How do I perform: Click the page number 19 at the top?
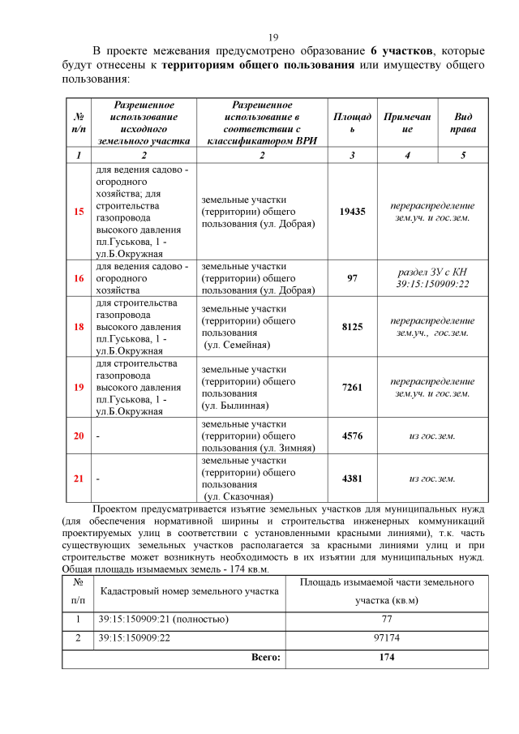coord(273,37)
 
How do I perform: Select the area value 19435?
coord(352,211)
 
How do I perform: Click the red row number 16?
coord(79,278)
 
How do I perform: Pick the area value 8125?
coord(352,326)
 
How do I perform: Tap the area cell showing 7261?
coord(352,387)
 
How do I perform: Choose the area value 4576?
coord(352,436)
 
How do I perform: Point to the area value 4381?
coord(352,479)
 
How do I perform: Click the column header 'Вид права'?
coord(463,122)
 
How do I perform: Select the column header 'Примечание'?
coord(407,122)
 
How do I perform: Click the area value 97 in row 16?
coord(352,278)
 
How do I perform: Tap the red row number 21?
coord(79,479)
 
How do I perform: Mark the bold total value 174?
coord(386,657)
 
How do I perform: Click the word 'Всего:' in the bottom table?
coord(265,657)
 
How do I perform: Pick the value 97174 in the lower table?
coord(386,638)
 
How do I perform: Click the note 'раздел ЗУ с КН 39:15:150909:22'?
coord(431,278)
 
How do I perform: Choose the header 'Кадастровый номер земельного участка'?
coord(188,591)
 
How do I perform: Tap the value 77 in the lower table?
coord(386,620)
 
